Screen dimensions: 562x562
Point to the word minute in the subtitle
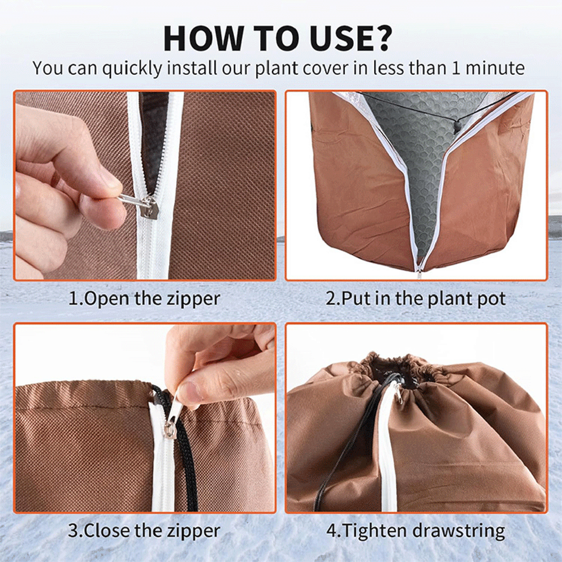point(495,68)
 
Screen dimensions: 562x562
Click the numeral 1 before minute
point(455,68)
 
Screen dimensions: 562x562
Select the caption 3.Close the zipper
point(144,531)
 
